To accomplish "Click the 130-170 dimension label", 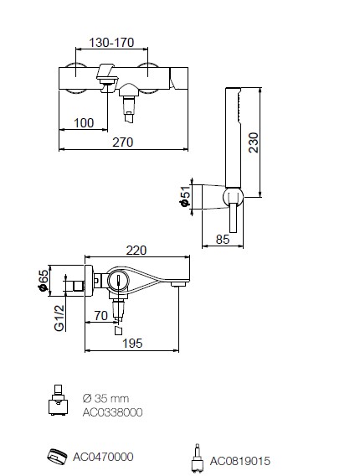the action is pyautogui.click(x=111, y=43).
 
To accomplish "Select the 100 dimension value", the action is pyautogui.click(x=84, y=123).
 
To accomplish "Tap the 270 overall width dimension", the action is pyautogui.click(x=123, y=142).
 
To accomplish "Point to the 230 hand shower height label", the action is pyautogui.click(x=254, y=142).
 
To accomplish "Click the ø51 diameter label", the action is pyautogui.click(x=185, y=196).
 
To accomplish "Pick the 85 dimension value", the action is pyautogui.click(x=223, y=240).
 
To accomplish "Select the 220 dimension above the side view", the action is pyautogui.click(x=136, y=251).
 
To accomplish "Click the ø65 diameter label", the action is pyautogui.click(x=43, y=281).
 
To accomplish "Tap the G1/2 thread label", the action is pyautogui.click(x=59, y=318).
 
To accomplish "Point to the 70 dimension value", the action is pyautogui.click(x=101, y=316).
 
